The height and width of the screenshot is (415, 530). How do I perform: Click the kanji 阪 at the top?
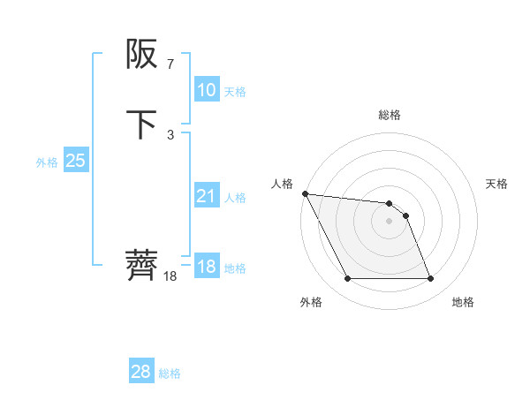(x=141, y=56)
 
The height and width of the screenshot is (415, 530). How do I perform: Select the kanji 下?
(x=141, y=124)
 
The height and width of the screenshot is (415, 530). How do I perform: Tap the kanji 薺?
(x=141, y=264)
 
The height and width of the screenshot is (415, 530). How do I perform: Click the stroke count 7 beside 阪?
(x=170, y=64)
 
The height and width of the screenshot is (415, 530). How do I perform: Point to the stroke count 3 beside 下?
(x=170, y=134)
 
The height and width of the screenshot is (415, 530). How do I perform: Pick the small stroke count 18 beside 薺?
(x=170, y=276)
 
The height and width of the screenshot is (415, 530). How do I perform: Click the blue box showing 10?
(x=206, y=90)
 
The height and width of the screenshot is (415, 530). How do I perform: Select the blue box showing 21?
(x=206, y=196)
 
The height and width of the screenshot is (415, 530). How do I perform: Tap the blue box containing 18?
(x=206, y=267)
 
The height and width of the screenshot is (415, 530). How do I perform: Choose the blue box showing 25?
(x=75, y=161)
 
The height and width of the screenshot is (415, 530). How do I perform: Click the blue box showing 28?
(x=141, y=372)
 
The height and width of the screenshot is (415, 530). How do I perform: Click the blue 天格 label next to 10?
(x=235, y=91)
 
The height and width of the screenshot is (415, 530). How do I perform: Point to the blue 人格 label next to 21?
(x=235, y=197)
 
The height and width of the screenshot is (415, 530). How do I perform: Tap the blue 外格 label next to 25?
(x=47, y=162)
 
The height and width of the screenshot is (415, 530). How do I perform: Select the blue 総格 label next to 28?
(x=170, y=373)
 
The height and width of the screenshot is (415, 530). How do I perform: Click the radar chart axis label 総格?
(x=390, y=115)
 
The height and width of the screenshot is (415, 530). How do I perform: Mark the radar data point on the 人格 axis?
(x=305, y=193)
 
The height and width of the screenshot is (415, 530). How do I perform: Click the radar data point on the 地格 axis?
(x=430, y=279)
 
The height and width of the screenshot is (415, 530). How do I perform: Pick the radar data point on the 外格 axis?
(x=348, y=279)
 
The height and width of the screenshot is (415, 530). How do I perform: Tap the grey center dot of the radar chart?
(x=390, y=221)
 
